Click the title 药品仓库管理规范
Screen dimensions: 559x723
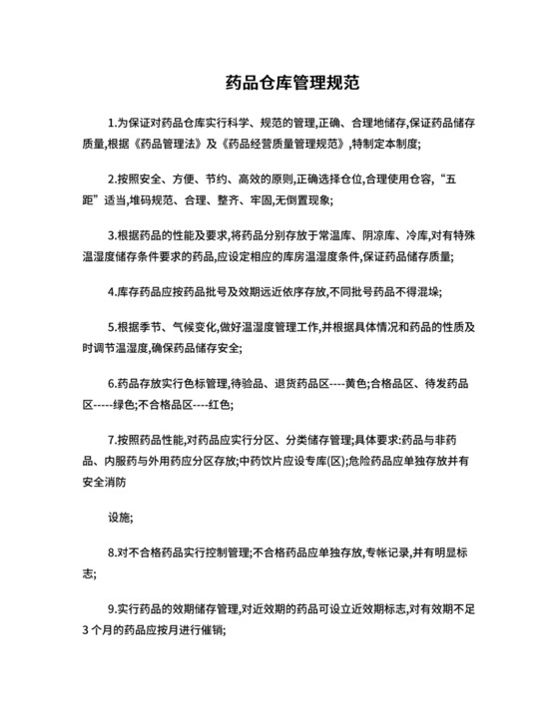point(279,83)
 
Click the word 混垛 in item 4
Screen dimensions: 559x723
point(424,292)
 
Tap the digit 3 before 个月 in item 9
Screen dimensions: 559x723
point(85,628)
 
